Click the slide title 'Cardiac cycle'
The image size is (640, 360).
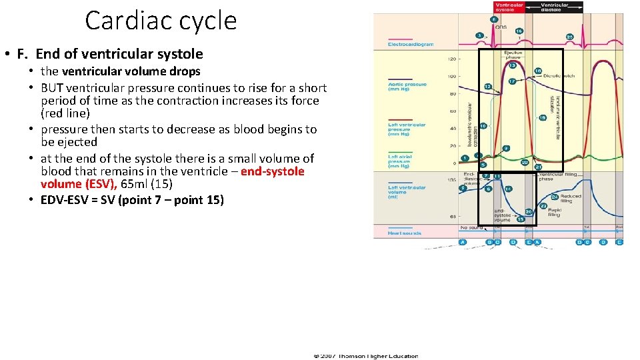pyautogui.click(x=161, y=21)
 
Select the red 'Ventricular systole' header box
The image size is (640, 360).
pyautogui.click(x=509, y=7)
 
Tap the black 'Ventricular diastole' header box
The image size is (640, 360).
pyautogui.click(x=555, y=7)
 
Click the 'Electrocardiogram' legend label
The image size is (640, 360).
pyautogui.click(x=411, y=45)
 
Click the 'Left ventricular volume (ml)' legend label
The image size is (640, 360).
pyautogui.click(x=407, y=191)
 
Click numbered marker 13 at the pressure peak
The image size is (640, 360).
pyautogui.click(x=513, y=65)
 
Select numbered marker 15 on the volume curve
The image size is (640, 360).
pyautogui.click(x=521, y=219)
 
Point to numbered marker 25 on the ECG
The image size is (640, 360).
pyautogui.click(x=569, y=36)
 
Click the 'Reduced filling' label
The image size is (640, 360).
pyautogui.click(x=570, y=198)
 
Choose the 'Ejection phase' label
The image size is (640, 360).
pyautogui.click(x=513, y=54)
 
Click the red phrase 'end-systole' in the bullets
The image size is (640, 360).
pyautogui.click(x=272, y=171)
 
